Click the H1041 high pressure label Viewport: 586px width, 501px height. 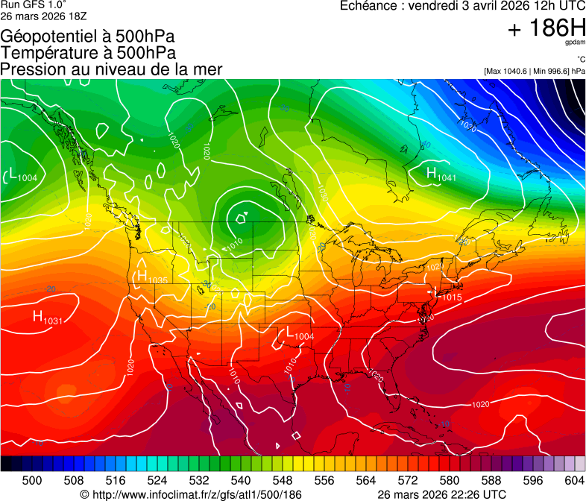click(441, 175)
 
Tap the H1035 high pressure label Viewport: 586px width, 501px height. click(151, 277)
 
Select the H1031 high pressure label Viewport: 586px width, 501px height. click(47, 318)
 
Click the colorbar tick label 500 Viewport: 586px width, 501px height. click(31, 481)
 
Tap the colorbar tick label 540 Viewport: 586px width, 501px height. click(241, 481)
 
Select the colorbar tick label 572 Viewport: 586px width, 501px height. click(408, 481)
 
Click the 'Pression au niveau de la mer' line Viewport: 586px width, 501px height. click(111, 69)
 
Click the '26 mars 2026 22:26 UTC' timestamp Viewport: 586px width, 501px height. click(442, 494)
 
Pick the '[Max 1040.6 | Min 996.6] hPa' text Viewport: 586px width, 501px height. click(532, 71)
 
